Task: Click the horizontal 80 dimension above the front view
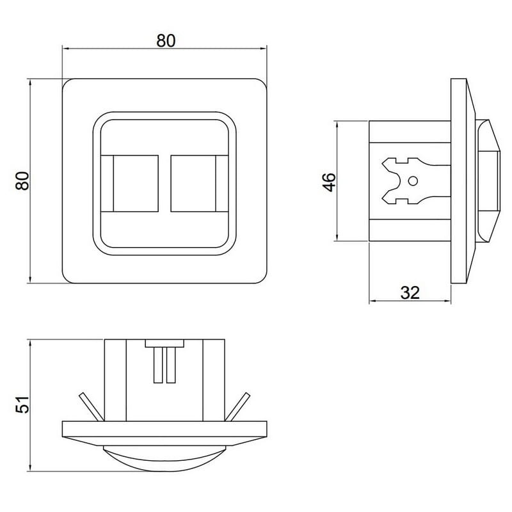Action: click(166, 40)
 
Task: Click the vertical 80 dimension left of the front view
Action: click(22, 180)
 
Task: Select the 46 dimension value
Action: click(329, 182)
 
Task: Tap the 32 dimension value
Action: click(410, 292)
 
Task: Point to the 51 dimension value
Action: click(22, 405)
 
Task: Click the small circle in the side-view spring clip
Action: click(413, 181)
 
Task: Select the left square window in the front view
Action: click(136, 183)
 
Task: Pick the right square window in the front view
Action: click(193, 183)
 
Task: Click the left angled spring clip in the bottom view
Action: click(92, 407)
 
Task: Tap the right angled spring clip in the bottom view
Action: click(237, 407)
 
